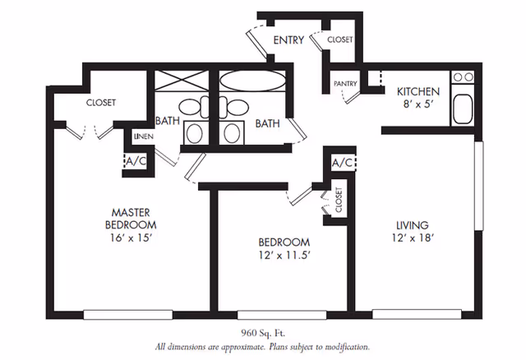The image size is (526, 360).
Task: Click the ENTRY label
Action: point(288,40)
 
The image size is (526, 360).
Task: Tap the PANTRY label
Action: point(345,84)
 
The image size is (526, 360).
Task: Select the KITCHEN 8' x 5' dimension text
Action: point(418,104)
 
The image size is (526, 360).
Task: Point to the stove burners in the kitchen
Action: point(463,77)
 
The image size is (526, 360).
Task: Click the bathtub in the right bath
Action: point(252,81)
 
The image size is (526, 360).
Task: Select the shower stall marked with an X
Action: point(182,81)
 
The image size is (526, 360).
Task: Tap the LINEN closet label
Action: point(144,136)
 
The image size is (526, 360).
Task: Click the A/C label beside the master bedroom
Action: point(136,161)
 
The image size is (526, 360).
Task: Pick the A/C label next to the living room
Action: point(342,163)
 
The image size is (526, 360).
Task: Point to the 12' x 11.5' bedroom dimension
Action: point(284,256)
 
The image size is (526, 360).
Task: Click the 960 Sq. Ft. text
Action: point(263,333)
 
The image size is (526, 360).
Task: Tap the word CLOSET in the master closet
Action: point(101,103)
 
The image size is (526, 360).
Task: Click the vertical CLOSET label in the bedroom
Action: point(339,200)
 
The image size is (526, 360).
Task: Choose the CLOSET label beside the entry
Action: point(340,39)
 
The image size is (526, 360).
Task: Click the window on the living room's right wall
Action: point(478,186)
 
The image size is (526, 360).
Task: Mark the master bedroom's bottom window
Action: point(128,314)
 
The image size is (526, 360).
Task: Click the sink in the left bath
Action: point(195,134)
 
